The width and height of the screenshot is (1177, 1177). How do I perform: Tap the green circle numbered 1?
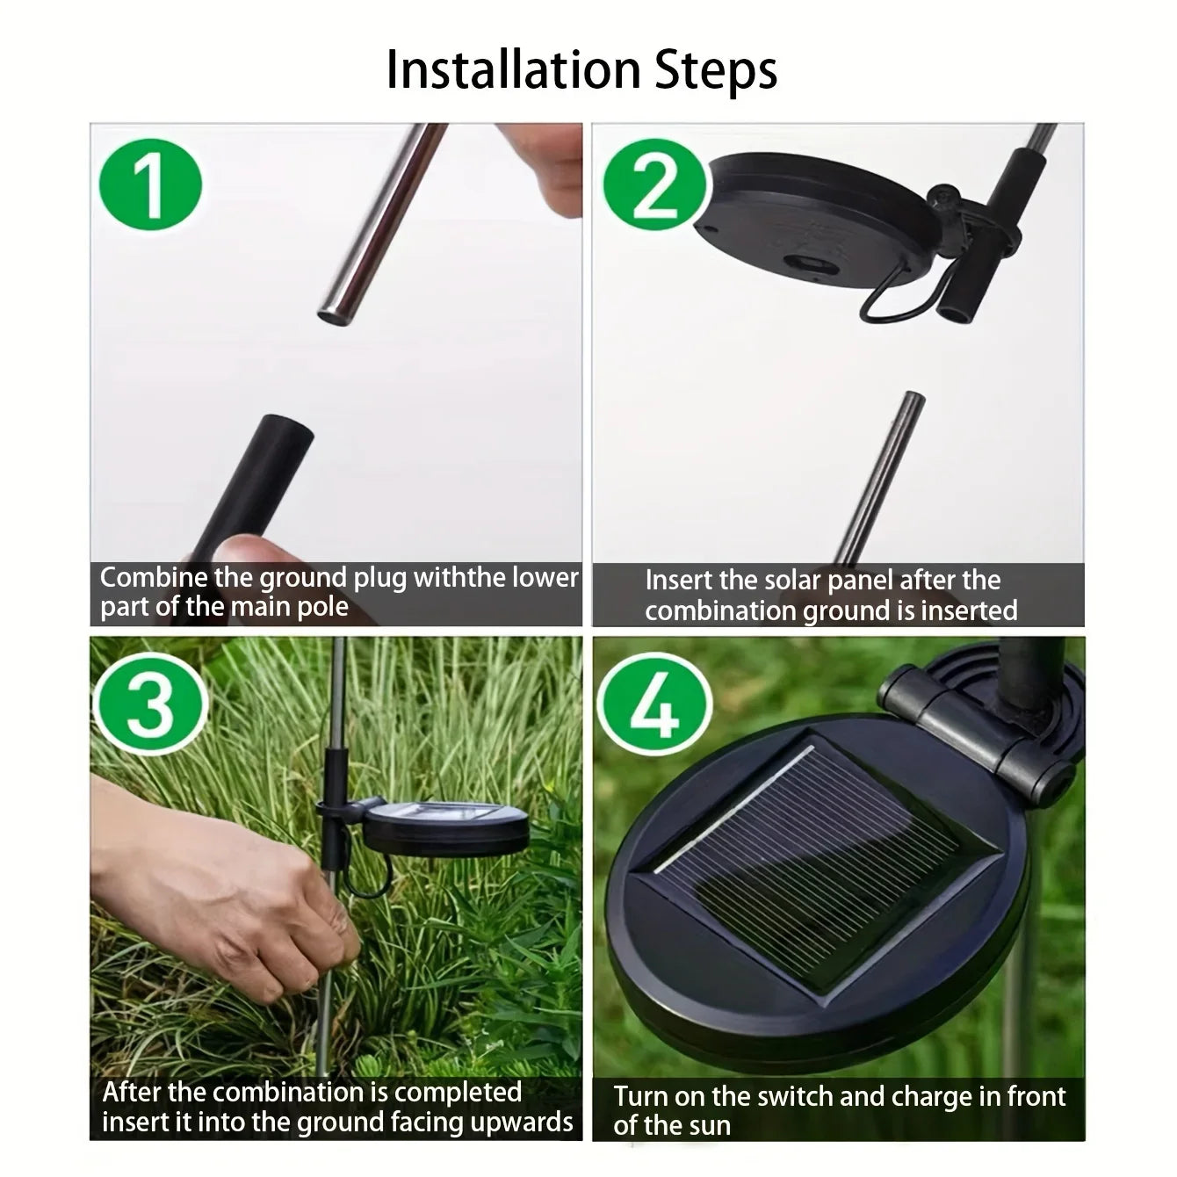[150, 184]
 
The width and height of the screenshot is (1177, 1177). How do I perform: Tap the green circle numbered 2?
[654, 184]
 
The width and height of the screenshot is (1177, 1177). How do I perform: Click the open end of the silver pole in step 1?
[334, 316]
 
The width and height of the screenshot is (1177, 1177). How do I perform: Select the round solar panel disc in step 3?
[446, 821]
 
